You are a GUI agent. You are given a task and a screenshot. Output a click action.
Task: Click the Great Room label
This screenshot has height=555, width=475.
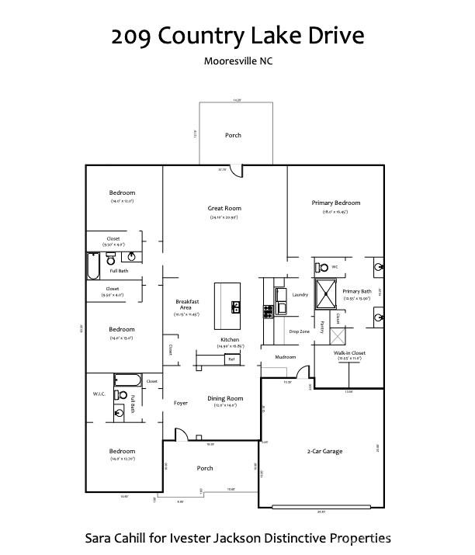tap(224, 208)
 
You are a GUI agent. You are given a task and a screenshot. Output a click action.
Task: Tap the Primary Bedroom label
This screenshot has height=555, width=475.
tap(335, 203)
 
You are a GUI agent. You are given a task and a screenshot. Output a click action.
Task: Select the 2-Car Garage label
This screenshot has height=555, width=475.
tap(325, 451)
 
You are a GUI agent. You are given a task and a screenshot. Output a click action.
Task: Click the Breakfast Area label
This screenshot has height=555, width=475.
tap(188, 304)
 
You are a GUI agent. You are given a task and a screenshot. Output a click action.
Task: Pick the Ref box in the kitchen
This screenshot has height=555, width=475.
tap(231, 359)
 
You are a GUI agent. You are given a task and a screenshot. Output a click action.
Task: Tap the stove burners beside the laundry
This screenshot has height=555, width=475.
tap(269, 309)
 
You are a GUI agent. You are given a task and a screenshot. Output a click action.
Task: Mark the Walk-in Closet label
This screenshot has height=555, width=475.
tap(349, 353)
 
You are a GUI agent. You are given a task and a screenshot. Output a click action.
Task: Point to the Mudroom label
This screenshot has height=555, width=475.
tap(286, 358)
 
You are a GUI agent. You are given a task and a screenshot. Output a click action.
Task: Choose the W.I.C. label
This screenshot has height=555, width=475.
tap(99, 394)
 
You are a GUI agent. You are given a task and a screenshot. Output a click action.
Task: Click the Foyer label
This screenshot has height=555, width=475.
tap(180, 403)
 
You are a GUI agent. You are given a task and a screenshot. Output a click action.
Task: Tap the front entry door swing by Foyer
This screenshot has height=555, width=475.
tap(181, 435)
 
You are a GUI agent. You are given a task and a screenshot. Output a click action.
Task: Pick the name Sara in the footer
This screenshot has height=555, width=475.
tap(99, 537)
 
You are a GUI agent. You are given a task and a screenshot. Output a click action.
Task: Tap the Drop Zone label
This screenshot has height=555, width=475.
tap(300, 331)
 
